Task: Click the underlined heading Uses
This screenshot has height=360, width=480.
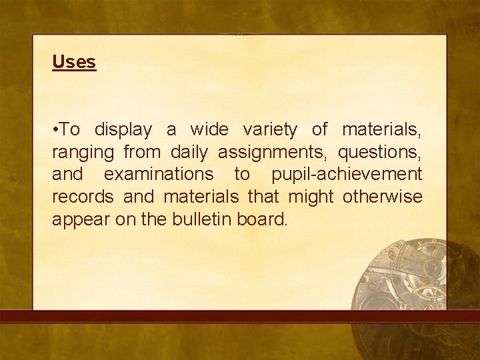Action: [74, 62]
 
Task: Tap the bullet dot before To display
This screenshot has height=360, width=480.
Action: [55, 129]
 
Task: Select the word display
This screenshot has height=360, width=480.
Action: [123, 129]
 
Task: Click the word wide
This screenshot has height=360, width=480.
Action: [209, 129]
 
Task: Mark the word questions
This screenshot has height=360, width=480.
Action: [379, 151]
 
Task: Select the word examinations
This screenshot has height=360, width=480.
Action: [159, 174]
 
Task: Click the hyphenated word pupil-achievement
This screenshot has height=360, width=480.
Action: [347, 174]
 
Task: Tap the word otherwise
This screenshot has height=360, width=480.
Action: [382, 197]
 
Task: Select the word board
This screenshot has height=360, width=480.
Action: [262, 219]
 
